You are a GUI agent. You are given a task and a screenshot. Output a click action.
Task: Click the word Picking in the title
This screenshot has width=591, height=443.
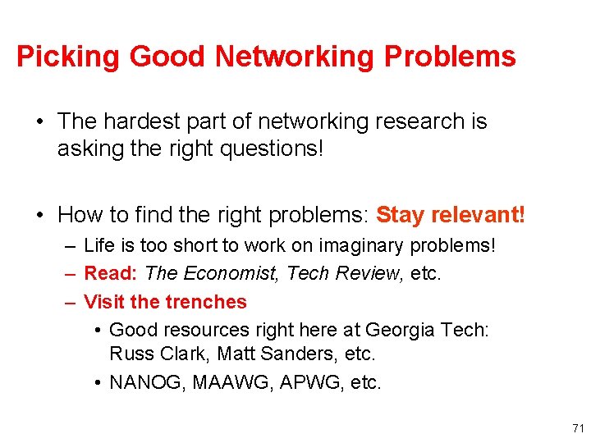pyautogui.click(x=68, y=57)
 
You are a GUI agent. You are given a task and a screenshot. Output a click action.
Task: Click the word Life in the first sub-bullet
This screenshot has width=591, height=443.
pyautogui.click(x=98, y=245)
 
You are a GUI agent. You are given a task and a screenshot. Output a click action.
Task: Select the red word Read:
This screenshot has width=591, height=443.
pyautogui.click(x=112, y=273)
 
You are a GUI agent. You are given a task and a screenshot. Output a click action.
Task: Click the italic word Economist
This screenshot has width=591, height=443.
pyautogui.click(x=225, y=273)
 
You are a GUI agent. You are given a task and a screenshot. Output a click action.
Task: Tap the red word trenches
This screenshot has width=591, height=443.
pyautogui.click(x=206, y=302)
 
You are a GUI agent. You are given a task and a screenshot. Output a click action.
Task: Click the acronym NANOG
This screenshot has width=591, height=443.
pyautogui.click(x=147, y=382)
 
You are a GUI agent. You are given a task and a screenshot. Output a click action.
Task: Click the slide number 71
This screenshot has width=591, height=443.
pyautogui.click(x=578, y=429)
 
